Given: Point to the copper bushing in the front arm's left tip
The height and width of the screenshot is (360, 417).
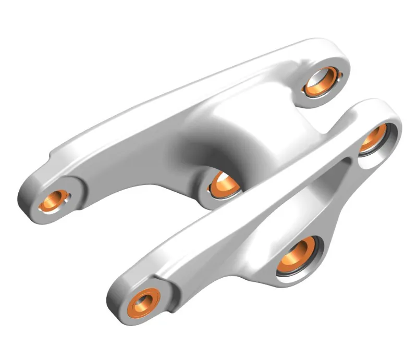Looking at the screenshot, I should (141, 302).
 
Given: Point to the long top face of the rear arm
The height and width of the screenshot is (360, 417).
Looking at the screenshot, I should (172, 99).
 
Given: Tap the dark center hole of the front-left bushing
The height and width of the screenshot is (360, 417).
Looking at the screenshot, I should (142, 302).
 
